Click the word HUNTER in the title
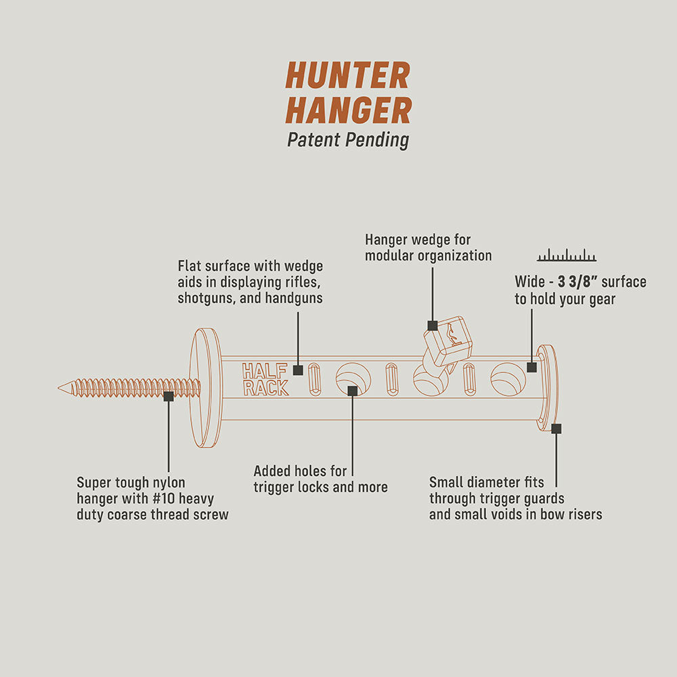(348, 76)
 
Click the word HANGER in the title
(348, 110)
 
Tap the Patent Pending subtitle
(348, 140)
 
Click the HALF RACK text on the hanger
(265, 380)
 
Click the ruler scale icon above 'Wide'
(567, 256)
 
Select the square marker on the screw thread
(169, 396)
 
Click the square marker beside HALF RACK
(298, 370)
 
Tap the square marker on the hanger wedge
(433, 326)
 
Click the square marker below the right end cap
(556, 428)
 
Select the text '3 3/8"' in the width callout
(577, 282)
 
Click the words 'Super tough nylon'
(131, 483)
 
